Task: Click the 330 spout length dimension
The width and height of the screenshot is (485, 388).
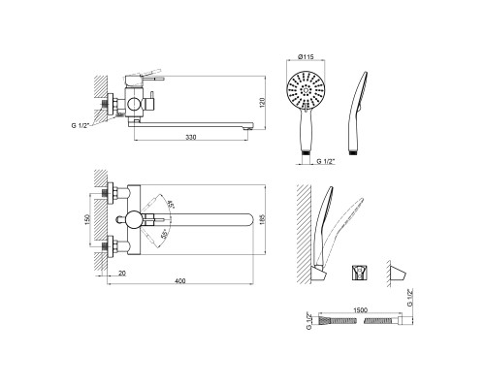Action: [191, 137]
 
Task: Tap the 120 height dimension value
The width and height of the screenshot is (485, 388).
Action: [262, 102]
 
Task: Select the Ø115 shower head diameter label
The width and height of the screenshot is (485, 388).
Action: [306, 57]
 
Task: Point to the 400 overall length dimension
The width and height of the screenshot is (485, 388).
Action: [180, 281]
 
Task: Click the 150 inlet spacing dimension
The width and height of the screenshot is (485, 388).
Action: [87, 219]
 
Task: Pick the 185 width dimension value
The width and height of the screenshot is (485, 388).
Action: [262, 219]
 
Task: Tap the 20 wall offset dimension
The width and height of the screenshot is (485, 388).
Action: [122, 274]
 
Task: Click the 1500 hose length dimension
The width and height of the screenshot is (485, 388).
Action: [361, 310]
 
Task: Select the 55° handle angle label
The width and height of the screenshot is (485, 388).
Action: [165, 235]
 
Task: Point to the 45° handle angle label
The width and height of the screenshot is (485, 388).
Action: [171, 205]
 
